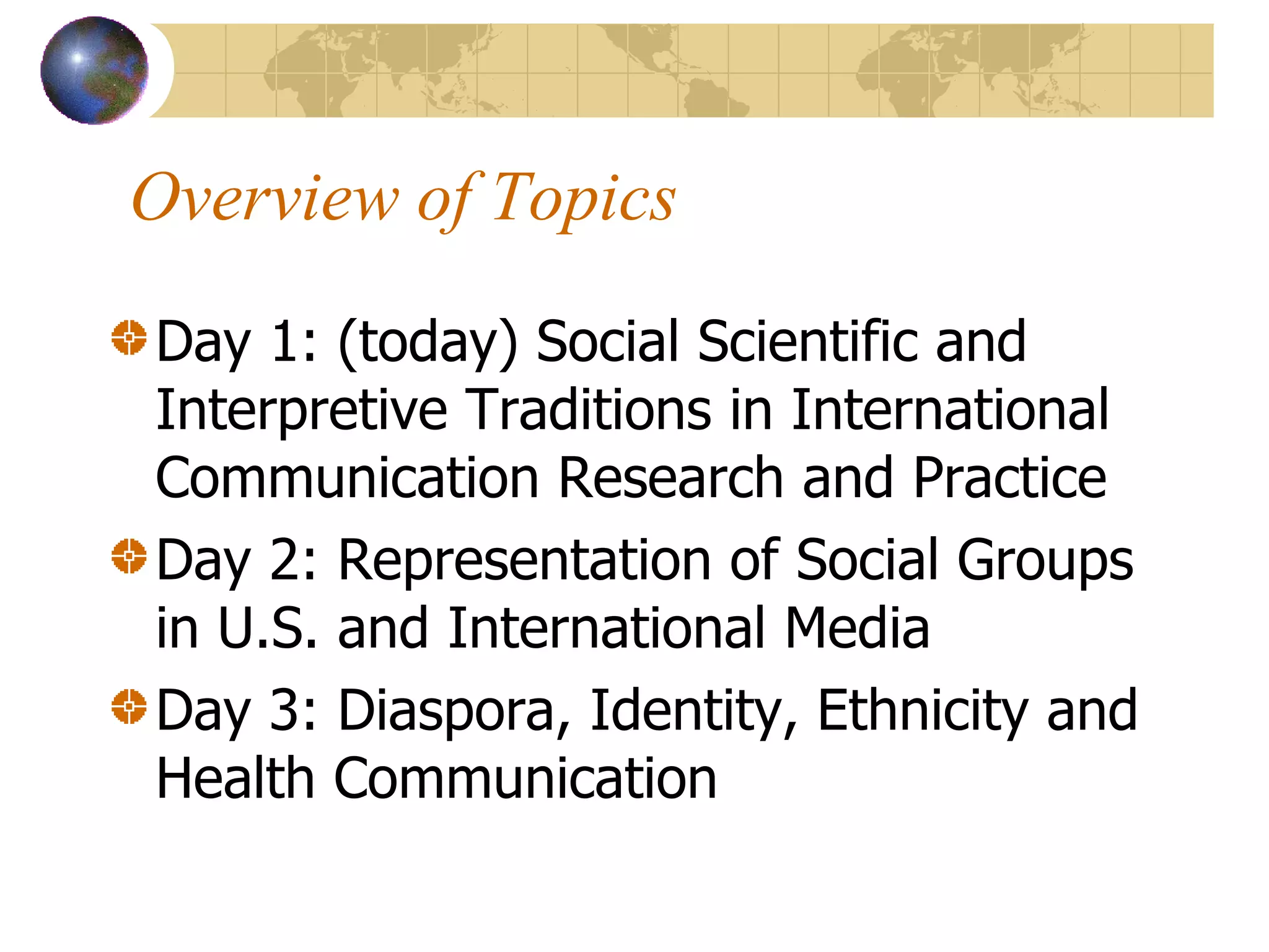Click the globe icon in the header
(x=94, y=70)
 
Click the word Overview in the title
(x=265, y=198)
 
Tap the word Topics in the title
(x=583, y=198)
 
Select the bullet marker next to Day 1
(x=129, y=338)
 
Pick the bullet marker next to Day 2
(x=129, y=556)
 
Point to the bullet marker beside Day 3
(x=129, y=706)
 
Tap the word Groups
(x=1045, y=561)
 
